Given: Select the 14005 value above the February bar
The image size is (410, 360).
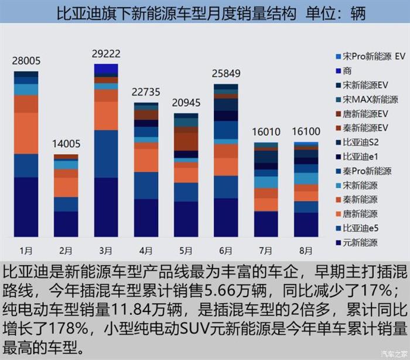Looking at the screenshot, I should tap(66, 144).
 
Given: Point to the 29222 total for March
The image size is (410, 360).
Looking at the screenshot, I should tap(106, 53).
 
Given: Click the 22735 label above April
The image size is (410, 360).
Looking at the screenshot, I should tap(146, 92).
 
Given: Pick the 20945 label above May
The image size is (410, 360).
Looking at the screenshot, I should tap(186, 103).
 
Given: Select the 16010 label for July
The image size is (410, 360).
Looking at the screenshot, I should tap(266, 132).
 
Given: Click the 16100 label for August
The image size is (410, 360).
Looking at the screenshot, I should tap(306, 132).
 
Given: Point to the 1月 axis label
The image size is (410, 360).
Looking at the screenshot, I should tap(26, 250).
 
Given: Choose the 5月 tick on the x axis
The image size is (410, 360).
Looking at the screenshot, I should tap(186, 250).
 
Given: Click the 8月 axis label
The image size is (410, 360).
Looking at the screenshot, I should tap(306, 250).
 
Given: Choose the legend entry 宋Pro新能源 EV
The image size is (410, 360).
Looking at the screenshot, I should tap(373, 57).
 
